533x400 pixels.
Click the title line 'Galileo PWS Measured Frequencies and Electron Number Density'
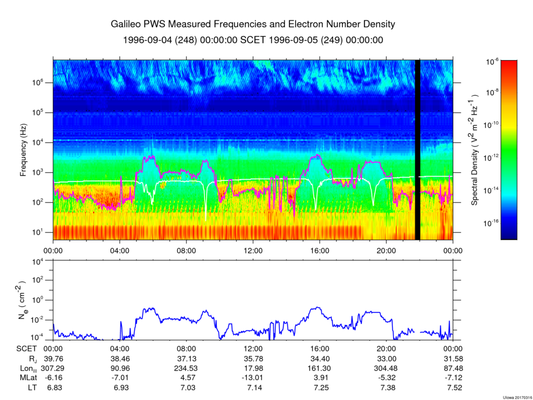[x=253, y=25]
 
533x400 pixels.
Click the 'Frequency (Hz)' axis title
[x=23, y=153]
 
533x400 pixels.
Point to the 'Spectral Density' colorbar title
[x=475, y=150]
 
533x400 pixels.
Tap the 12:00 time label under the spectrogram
[x=253, y=250]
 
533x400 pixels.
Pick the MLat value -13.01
[x=253, y=378]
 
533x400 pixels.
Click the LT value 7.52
[x=453, y=387]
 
